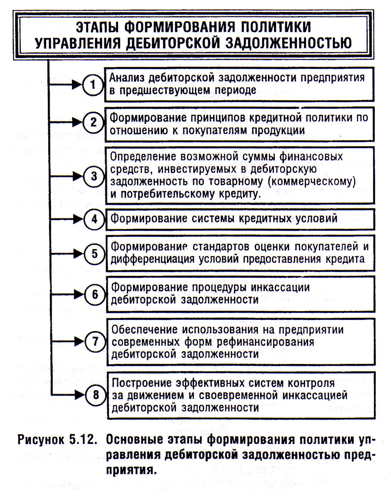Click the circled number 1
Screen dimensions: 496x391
[x=93, y=85]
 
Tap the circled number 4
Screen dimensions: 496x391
[x=94, y=219]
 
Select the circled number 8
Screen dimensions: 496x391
[x=96, y=395]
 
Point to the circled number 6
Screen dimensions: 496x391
[x=95, y=295]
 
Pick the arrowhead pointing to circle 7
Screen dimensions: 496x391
[x=79, y=341]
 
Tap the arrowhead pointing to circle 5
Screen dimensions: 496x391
[x=78, y=254]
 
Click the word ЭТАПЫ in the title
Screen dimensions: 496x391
[x=98, y=27]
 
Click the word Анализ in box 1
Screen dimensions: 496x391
[x=126, y=78]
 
